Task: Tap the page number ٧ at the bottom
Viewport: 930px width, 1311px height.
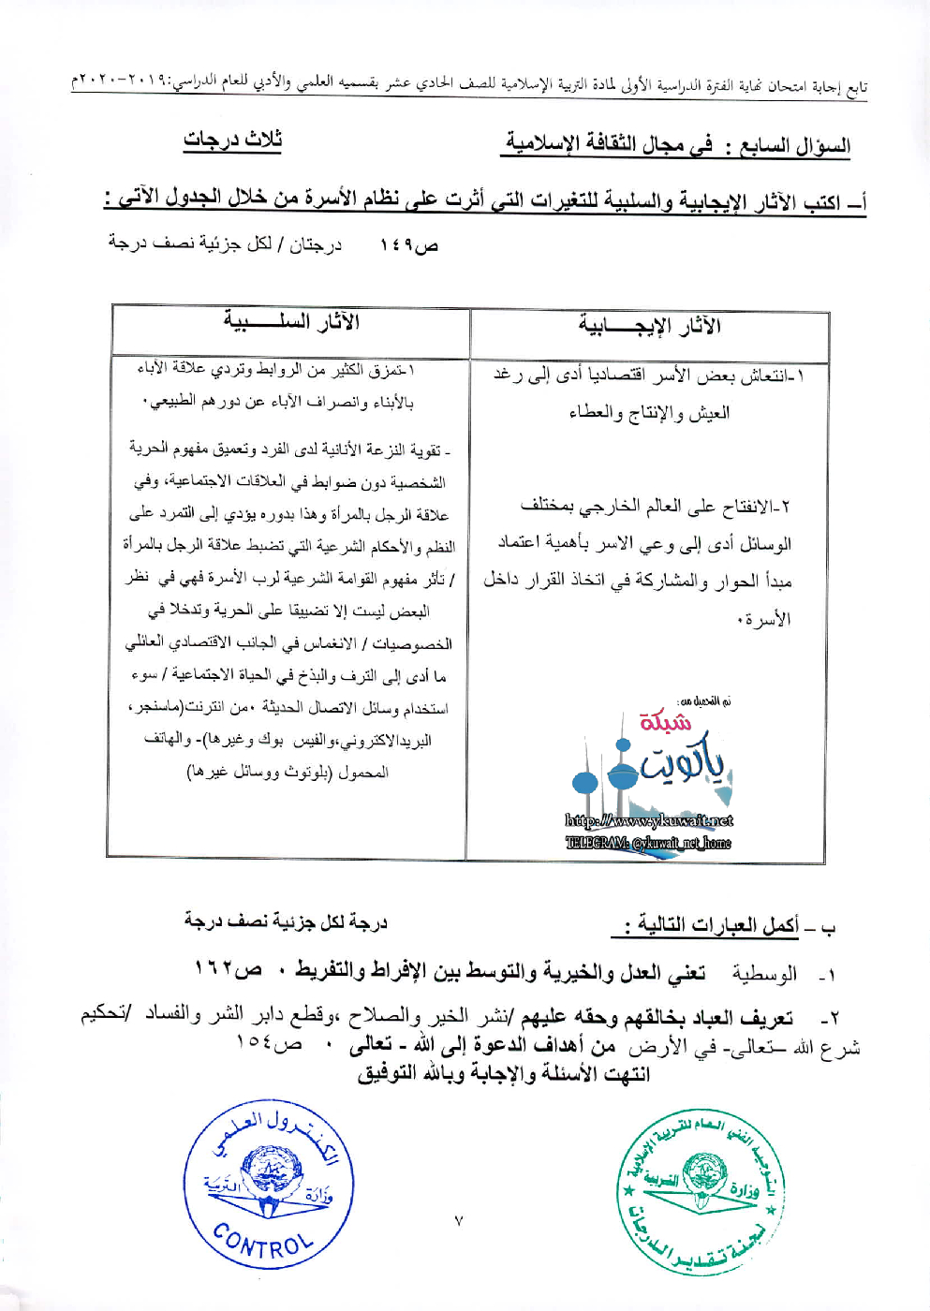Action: (458, 1221)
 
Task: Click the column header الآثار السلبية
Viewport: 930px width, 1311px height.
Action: (291, 322)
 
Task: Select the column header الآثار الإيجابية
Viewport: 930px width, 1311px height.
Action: (649, 327)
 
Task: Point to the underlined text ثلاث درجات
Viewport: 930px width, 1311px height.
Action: (232, 140)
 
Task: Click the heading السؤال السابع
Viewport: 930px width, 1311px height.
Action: (796, 146)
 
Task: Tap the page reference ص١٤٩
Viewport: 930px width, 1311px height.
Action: (409, 246)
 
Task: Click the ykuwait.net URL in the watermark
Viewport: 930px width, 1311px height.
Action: (648, 821)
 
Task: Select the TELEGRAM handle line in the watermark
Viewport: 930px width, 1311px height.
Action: (648, 843)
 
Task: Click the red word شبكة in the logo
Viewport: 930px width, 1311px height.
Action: (665, 722)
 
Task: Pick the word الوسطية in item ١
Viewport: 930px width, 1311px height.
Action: (764, 974)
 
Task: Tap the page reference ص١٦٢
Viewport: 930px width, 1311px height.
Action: (228, 968)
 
